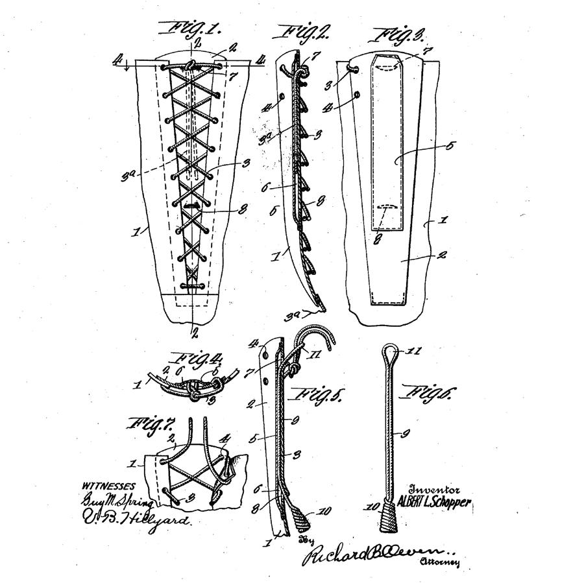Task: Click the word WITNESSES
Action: pos(109,486)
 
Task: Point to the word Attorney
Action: pos(440,562)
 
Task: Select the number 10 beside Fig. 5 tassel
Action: pos(325,512)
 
